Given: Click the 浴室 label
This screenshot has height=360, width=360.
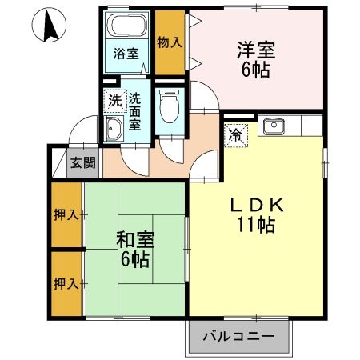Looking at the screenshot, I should (x=126, y=54).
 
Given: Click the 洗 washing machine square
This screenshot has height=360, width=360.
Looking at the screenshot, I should (x=115, y=101).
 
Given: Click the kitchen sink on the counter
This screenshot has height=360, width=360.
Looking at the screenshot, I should (x=274, y=126).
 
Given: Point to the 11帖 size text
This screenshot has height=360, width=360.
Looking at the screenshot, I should (x=256, y=226).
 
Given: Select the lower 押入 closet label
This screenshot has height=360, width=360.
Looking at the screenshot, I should (x=66, y=283).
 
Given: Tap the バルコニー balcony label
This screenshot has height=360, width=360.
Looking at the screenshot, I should (x=238, y=335).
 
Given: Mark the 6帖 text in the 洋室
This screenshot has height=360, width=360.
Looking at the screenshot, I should (x=256, y=70).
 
